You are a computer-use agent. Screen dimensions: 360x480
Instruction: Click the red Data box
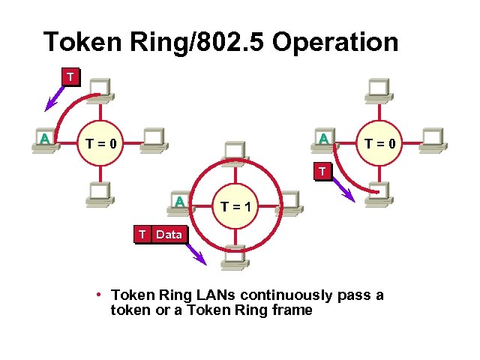point(169,234)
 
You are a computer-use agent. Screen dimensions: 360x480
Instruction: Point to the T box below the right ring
point(322,172)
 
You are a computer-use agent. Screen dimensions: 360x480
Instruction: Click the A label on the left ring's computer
point(45,138)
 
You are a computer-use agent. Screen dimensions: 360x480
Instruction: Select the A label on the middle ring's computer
point(180,202)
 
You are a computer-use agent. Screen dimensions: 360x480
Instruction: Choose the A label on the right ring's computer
point(322,139)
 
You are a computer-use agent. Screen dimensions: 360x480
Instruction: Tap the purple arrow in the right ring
point(343,189)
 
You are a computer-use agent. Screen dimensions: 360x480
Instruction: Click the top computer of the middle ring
point(235,150)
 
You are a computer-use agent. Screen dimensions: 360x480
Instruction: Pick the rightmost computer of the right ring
point(434,139)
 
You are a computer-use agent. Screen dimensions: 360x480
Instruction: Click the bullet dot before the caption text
point(99,294)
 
